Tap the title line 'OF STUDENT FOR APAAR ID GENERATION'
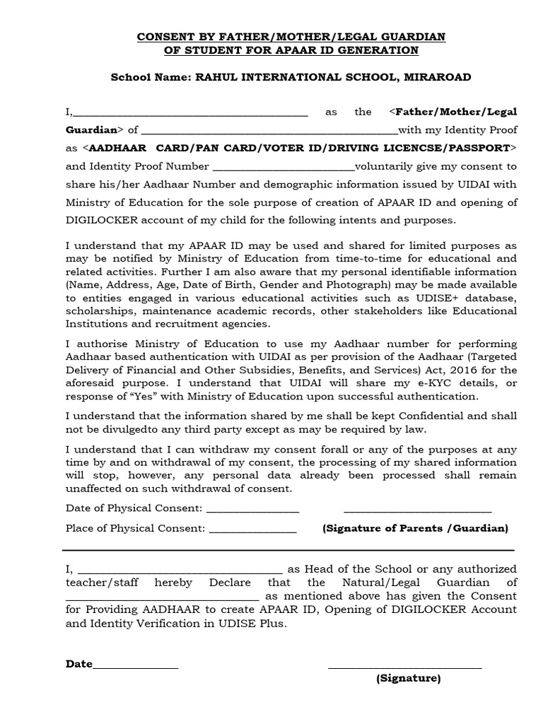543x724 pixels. (x=291, y=50)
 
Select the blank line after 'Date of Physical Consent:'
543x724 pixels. (x=252, y=509)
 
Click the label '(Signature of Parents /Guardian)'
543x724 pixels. (x=415, y=528)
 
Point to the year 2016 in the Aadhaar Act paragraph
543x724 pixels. (x=461, y=370)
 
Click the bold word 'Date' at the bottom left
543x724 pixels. (x=78, y=664)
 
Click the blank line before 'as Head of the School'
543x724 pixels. (x=180, y=569)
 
